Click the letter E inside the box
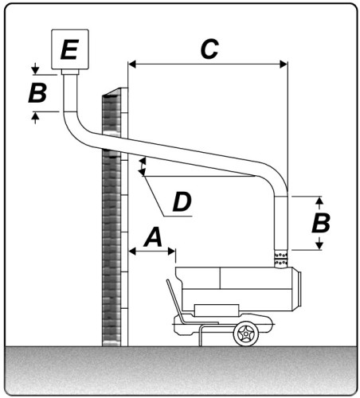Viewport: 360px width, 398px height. (69, 49)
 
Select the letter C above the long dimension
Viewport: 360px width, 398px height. (209, 49)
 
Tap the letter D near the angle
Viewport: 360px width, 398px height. (182, 202)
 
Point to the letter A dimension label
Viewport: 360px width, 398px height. (153, 237)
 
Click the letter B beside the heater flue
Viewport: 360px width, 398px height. (321, 223)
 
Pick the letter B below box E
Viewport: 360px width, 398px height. (37, 93)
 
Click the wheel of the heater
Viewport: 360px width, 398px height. (246, 334)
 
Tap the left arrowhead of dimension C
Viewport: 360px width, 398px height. (132, 64)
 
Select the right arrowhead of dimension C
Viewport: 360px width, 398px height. (284, 64)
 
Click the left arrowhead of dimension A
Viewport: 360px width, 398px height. (132, 251)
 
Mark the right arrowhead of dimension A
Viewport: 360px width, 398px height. (171, 251)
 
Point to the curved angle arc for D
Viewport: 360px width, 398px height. (143, 166)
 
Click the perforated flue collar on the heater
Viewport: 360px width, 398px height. (281, 259)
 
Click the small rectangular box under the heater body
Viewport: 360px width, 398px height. (217, 310)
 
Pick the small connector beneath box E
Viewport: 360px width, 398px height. (70, 72)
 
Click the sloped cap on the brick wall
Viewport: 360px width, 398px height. (115, 92)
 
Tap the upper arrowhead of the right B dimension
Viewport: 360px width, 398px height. (320, 201)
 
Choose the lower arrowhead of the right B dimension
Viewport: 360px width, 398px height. (320, 246)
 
